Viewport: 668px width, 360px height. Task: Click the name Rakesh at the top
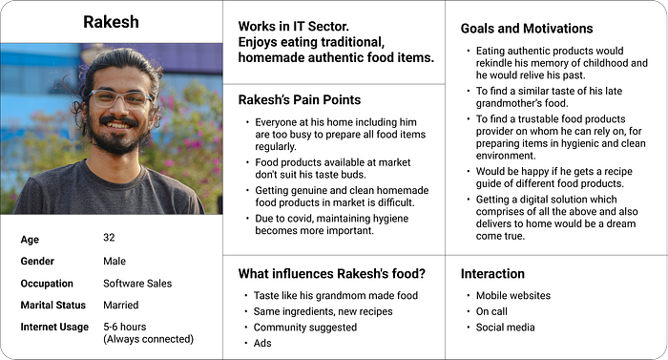(x=112, y=22)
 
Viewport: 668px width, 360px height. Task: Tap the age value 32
(x=109, y=238)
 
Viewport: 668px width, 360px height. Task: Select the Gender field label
(x=37, y=261)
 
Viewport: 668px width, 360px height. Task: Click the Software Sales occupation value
(x=137, y=284)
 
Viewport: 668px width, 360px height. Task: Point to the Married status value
(x=121, y=305)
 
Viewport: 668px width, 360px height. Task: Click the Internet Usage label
(x=54, y=327)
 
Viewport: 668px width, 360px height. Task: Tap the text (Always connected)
(x=148, y=339)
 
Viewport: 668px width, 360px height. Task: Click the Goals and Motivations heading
(x=527, y=28)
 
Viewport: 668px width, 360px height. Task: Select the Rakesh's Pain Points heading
(x=300, y=99)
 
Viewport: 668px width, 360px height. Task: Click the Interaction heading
(x=492, y=273)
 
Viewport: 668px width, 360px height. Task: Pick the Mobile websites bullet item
(x=513, y=295)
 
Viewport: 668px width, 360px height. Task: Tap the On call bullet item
(x=491, y=311)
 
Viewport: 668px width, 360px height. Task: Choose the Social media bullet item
(x=505, y=328)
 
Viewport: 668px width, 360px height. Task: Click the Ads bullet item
(x=262, y=343)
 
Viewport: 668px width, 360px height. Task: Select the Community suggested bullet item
(x=305, y=328)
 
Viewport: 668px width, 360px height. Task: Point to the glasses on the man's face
(x=120, y=98)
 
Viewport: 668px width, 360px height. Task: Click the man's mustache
(x=119, y=120)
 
